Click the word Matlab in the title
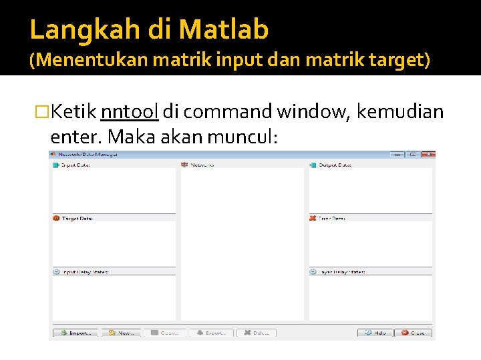[x=223, y=29]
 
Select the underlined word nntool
[x=129, y=111]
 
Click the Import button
[x=75, y=333]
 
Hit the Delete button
[x=257, y=333]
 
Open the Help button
[x=375, y=333]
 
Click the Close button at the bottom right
[x=413, y=333]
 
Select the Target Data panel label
[x=74, y=218]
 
